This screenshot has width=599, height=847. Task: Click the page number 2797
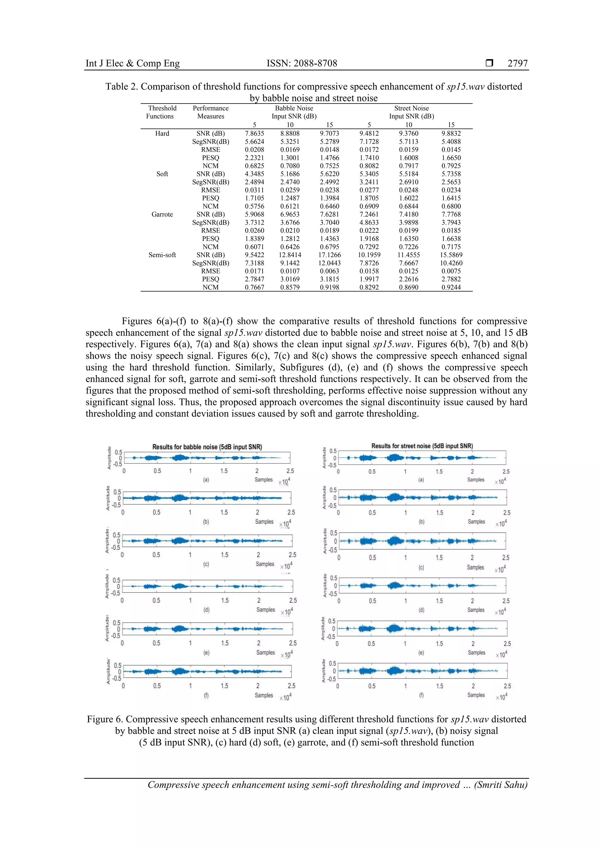click(517, 63)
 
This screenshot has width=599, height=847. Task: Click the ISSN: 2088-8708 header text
click(302, 63)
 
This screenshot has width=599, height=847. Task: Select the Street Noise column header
click(411, 108)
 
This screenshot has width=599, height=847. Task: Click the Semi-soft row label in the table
click(162, 255)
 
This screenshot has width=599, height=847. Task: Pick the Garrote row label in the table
click(162, 214)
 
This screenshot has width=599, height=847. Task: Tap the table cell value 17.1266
click(330, 255)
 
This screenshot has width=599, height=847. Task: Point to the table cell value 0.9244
click(451, 287)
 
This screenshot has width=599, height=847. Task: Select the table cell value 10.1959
click(369, 255)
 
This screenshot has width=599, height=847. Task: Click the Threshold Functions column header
click(162, 112)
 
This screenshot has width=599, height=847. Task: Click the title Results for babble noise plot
click(207, 447)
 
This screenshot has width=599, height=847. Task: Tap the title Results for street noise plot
click(422, 446)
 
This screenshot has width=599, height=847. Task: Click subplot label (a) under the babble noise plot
click(206, 480)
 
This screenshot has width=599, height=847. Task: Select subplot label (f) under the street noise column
click(421, 695)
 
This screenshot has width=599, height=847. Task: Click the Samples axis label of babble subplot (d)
click(266, 610)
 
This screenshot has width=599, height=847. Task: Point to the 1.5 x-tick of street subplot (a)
click(439, 472)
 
